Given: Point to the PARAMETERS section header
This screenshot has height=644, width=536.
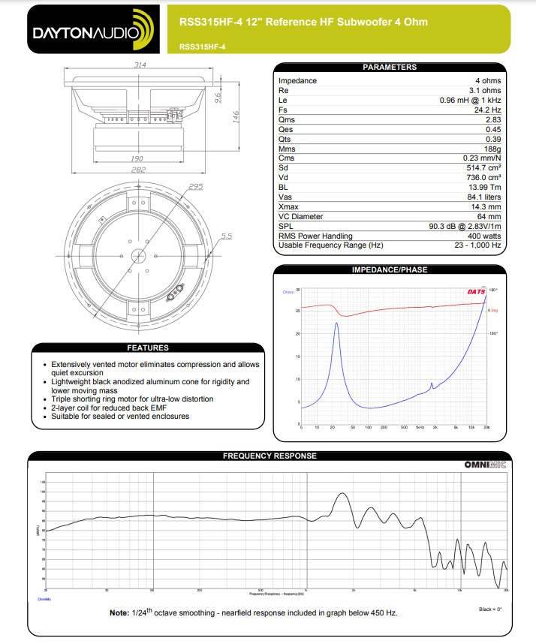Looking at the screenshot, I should (x=389, y=67).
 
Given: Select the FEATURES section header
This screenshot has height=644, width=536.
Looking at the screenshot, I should (x=148, y=348).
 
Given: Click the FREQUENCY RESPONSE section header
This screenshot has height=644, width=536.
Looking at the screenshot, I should (x=270, y=456).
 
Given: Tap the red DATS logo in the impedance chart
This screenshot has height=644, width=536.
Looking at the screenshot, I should (x=477, y=291).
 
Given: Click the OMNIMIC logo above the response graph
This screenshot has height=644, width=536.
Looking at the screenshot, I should (x=485, y=465).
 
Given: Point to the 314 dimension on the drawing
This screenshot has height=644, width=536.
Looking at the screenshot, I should (x=140, y=65).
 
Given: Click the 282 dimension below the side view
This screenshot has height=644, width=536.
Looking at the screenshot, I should (x=138, y=170).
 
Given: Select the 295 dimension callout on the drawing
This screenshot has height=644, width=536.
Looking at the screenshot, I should (x=196, y=187).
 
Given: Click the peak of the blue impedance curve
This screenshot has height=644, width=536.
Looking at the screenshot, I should (x=337, y=323).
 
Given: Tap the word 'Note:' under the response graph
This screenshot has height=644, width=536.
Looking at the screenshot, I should (x=119, y=612).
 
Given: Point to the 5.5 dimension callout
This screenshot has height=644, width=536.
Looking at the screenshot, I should (x=226, y=236).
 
